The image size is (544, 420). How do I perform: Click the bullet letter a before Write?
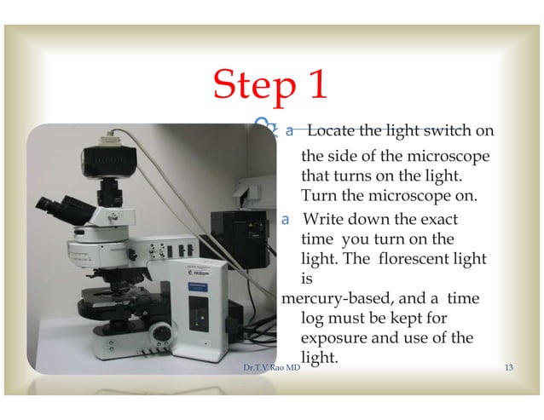coord(287,219)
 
